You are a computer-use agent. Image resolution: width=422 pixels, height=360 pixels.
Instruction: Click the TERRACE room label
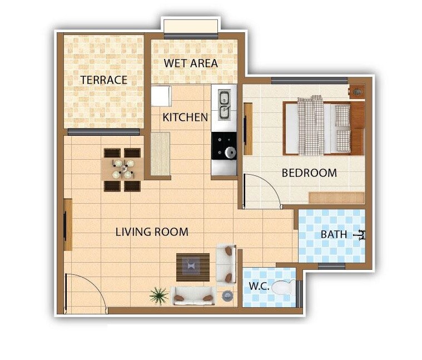pos(103,80)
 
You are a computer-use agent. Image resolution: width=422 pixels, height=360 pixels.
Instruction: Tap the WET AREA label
pos(191,63)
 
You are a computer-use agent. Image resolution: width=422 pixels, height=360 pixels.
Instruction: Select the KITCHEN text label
pos(185,117)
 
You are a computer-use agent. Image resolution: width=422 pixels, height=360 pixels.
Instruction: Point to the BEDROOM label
pos(309,173)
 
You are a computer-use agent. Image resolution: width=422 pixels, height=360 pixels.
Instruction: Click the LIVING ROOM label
pos(152,232)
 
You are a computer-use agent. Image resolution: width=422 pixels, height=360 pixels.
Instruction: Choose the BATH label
pos(334,235)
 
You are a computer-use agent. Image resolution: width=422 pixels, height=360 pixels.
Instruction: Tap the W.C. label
pos(259,287)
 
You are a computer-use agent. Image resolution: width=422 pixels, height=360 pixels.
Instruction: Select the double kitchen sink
pos(224,105)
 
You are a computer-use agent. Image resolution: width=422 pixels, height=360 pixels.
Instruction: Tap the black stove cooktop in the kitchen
pos(224,146)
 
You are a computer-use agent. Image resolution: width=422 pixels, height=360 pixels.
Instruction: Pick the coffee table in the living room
pos(192,267)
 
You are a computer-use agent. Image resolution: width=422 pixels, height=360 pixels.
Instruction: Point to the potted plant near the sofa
pos(158,295)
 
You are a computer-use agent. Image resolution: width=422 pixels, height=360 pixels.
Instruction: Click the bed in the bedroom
pos(324,127)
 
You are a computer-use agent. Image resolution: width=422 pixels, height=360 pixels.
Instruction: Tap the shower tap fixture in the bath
pos(361,235)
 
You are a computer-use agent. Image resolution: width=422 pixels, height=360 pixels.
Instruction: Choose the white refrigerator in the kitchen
pos(161,95)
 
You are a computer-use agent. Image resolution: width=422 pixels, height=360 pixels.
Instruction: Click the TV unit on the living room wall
pos(68,224)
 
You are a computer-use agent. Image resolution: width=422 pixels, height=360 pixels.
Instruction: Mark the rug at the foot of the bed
pos(336,198)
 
